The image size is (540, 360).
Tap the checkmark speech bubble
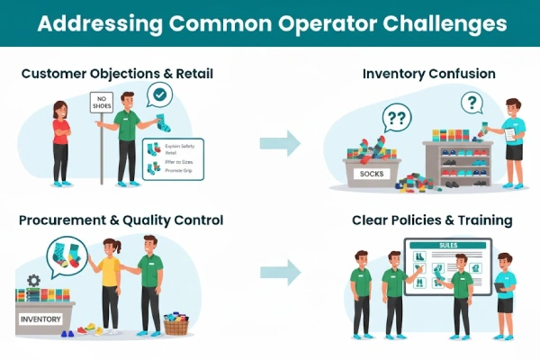tap(160, 94)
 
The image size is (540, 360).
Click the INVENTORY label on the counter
tap(40, 318)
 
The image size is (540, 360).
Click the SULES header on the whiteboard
tap(448, 245)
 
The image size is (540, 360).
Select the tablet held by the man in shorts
tap(499, 286)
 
